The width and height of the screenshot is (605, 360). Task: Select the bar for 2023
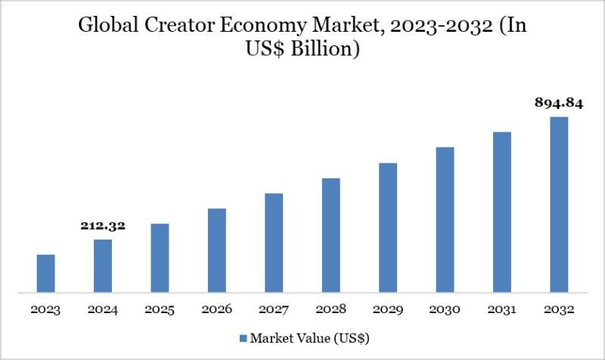45,273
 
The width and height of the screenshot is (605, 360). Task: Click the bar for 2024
103,265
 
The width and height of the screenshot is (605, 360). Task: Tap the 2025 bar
160,258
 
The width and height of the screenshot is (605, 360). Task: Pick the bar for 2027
274,242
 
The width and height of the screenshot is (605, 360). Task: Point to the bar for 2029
388,227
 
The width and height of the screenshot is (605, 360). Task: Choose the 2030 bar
445,219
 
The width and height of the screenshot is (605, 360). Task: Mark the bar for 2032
559,204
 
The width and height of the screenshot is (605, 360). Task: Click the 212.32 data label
102,225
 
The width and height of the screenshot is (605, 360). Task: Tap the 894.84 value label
559,104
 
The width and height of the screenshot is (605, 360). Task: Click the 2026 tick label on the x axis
217,310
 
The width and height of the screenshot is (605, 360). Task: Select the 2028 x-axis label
331,310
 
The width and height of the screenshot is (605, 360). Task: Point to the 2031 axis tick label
502,310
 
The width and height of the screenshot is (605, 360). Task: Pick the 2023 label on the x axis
45,310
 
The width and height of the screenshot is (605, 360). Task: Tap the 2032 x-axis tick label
559,310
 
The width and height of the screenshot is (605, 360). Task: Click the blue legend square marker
243,337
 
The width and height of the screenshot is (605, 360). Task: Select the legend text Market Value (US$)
309,337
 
